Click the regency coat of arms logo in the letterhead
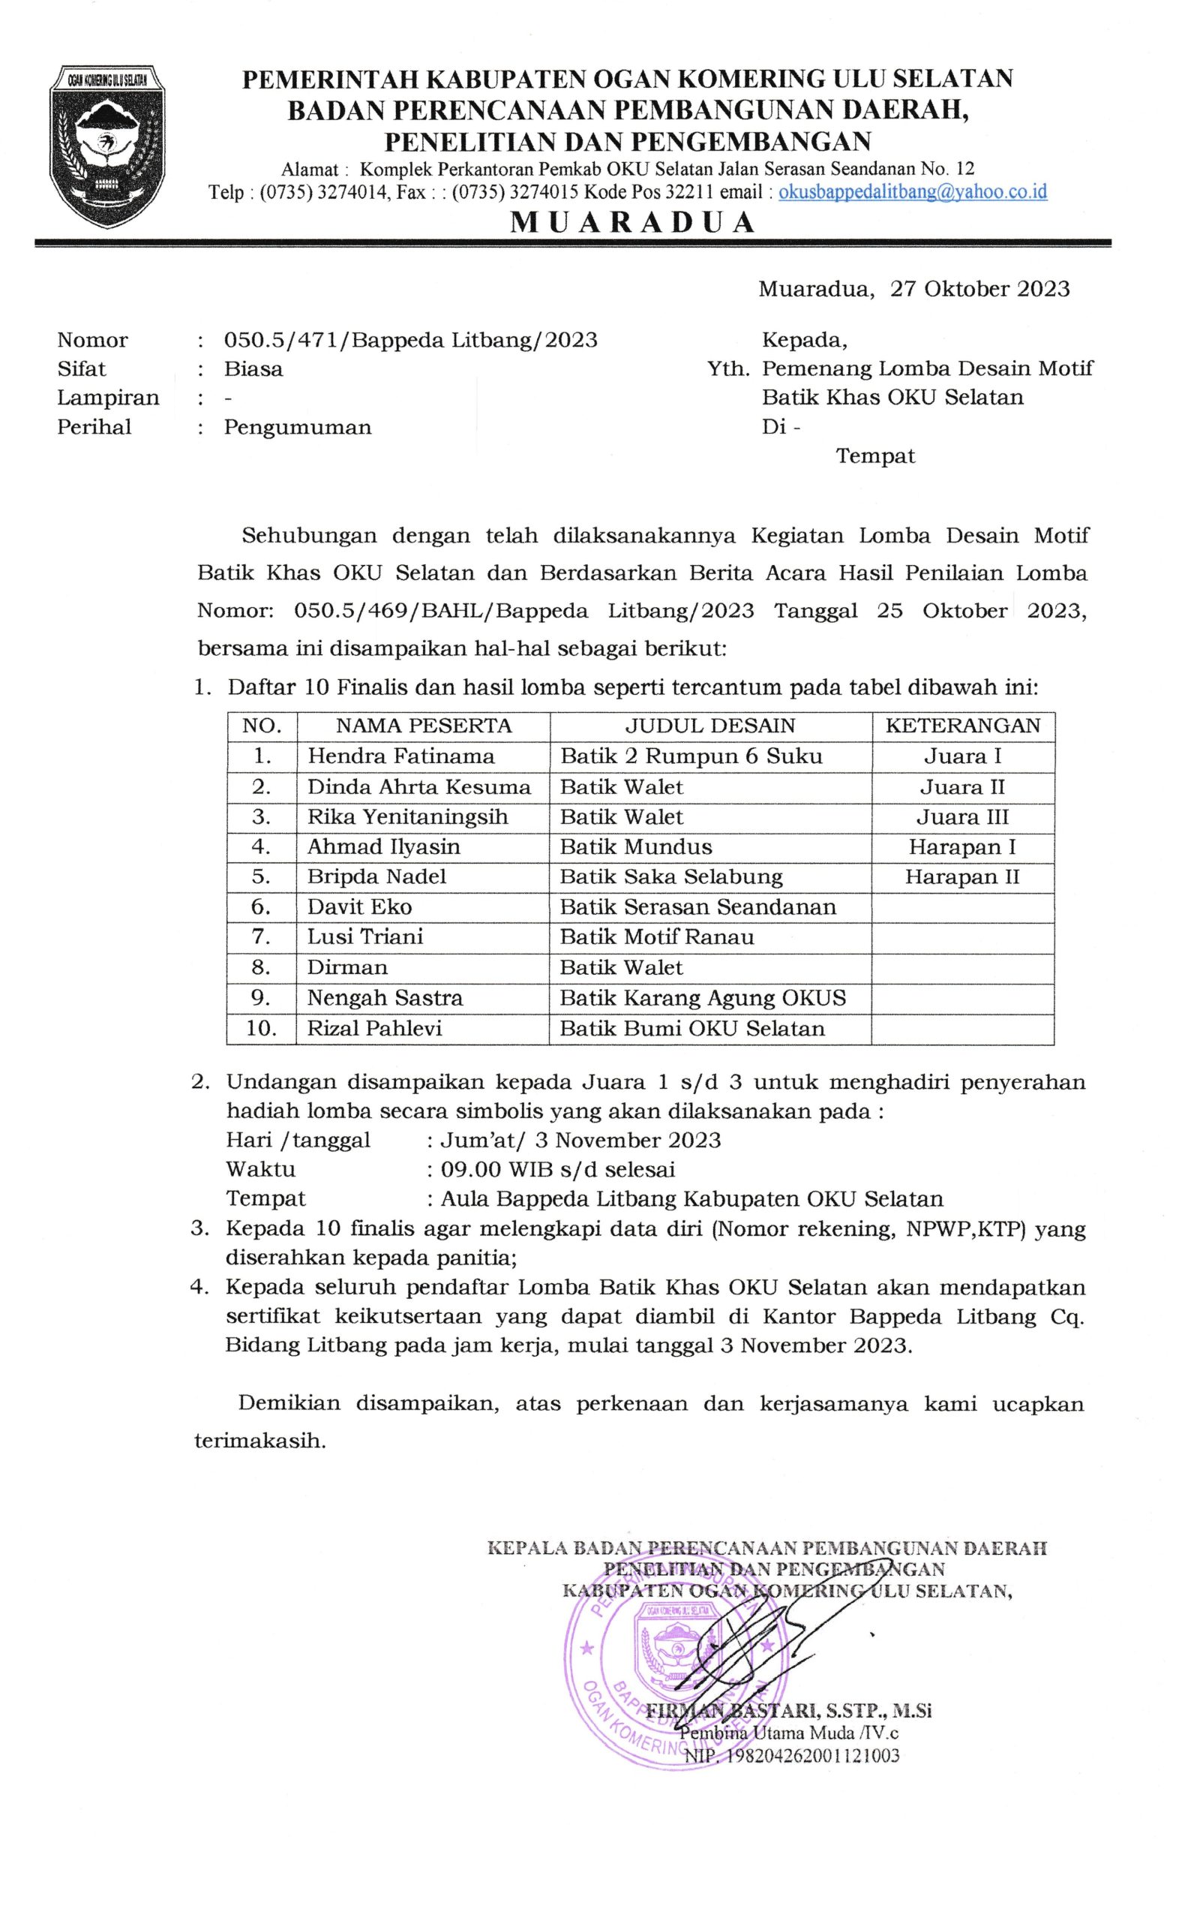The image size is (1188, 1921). pyautogui.click(x=108, y=147)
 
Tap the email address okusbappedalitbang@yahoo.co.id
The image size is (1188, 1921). pyautogui.click(x=912, y=193)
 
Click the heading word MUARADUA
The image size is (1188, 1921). pyautogui.click(x=632, y=223)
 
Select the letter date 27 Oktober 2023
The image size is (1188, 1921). pyautogui.click(x=979, y=289)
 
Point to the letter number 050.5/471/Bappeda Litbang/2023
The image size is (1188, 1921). pyautogui.click(x=410, y=341)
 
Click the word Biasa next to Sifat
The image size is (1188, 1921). pyautogui.click(x=253, y=369)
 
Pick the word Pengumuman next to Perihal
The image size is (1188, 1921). pyautogui.click(x=297, y=428)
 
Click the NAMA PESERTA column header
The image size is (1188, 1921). pyautogui.click(x=424, y=726)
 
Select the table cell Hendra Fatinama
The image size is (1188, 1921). pyautogui.click(x=400, y=756)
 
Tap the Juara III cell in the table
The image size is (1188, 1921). pyautogui.click(x=961, y=817)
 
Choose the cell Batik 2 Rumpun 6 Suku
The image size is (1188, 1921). pyautogui.click(x=691, y=756)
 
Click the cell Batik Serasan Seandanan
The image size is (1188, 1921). pyautogui.click(x=697, y=907)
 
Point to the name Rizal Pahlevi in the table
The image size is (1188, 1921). pyautogui.click(x=374, y=1029)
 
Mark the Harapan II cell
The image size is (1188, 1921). pyautogui.click(x=961, y=877)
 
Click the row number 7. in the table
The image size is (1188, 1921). pyautogui.click(x=261, y=937)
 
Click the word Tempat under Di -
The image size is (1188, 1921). pyautogui.click(x=875, y=457)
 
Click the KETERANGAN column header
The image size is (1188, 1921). pyautogui.click(x=962, y=726)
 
